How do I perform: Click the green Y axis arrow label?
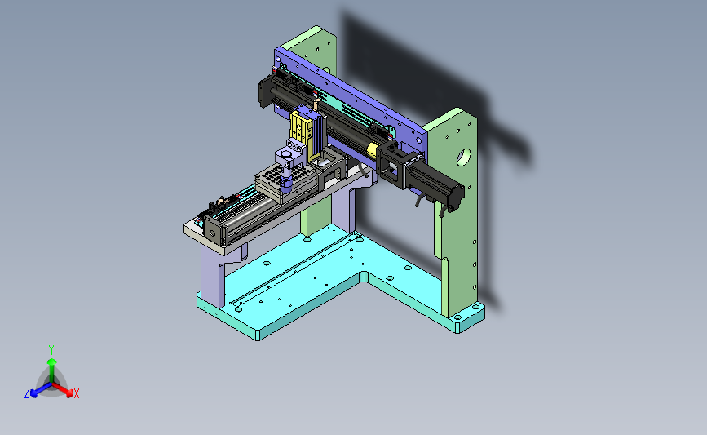coord(51,350)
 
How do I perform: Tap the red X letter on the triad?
coord(76,393)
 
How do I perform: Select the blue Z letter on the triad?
coord(27,393)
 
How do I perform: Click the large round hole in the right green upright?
coord(463,158)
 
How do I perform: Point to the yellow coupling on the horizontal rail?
coord(372,150)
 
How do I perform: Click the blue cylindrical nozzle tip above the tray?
coord(286,180)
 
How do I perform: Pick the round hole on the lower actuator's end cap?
coord(212,233)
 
